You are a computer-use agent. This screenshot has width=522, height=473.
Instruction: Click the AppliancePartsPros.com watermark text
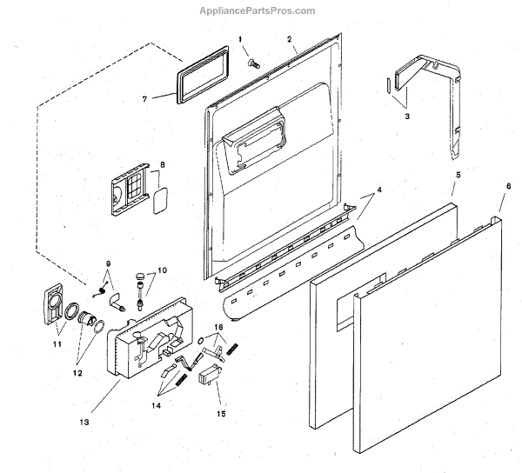click(x=260, y=10)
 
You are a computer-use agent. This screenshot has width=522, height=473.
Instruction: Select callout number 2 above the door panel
click(x=288, y=40)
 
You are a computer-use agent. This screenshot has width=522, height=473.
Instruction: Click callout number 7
click(x=145, y=98)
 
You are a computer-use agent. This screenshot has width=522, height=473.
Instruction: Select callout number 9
click(x=109, y=263)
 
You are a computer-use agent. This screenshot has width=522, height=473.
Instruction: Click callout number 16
click(x=219, y=328)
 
